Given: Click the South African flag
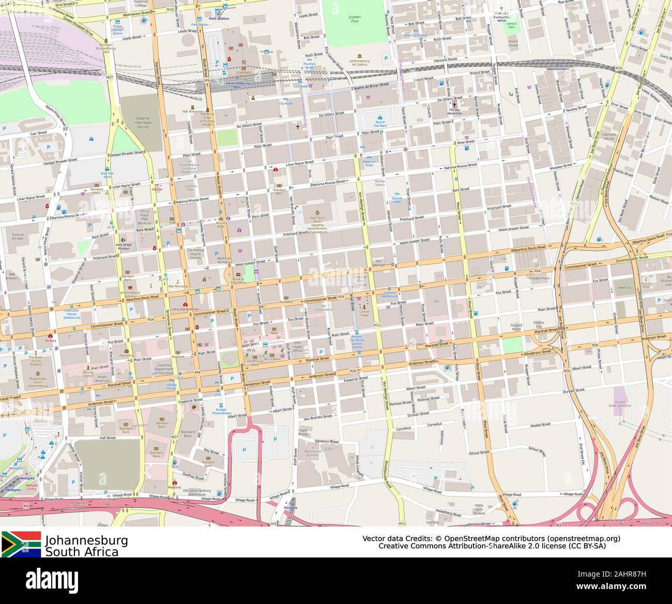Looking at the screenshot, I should (21, 544).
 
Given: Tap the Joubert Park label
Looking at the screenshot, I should (355, 20).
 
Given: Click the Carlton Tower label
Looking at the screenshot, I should (364, 313).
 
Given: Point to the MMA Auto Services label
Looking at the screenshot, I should (479, 509).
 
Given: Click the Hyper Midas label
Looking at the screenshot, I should (304, 433).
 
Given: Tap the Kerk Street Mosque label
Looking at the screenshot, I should (124, 247).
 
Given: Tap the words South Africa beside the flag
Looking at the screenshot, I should (82, 552).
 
